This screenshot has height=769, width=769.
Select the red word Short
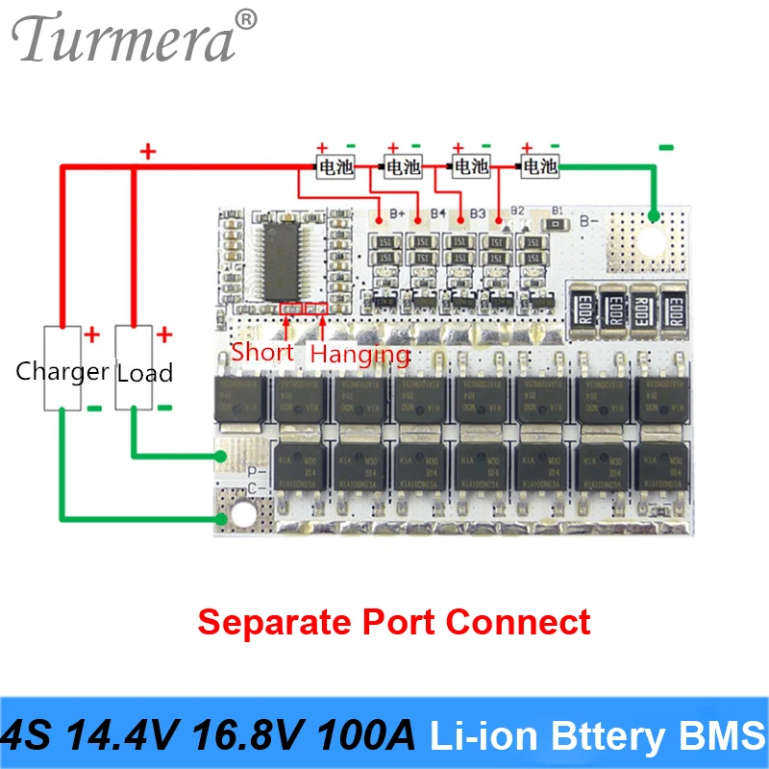click(262, 352)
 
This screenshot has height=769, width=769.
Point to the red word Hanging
click(360, 354)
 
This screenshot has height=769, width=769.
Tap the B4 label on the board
click(438, 211)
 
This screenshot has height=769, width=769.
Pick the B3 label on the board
click(478, 211)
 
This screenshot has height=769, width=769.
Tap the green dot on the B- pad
click(655, 216)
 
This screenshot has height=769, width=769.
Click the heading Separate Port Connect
click(394, 621)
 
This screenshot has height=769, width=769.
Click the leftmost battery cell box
click(335, 167)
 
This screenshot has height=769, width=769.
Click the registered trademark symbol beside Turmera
click(247, 18)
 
